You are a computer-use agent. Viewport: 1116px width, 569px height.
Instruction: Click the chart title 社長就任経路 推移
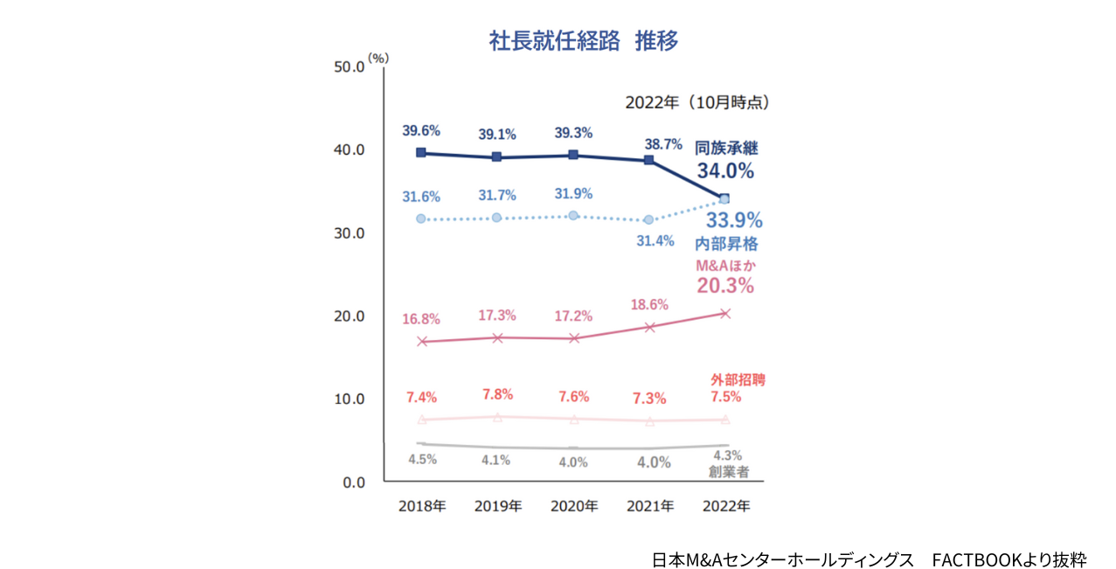click(x=583, y=41)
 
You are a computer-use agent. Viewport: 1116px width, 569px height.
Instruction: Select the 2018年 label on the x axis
click(x=421, y=506)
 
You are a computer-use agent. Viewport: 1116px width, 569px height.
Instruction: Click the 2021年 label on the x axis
click(x=649, y=506)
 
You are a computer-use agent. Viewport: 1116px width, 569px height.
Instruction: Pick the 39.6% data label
click(x=420, y=131)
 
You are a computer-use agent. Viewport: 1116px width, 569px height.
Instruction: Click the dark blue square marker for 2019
click(x=496, y=157)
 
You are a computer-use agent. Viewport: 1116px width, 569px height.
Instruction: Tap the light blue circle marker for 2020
click(x=573, y=215)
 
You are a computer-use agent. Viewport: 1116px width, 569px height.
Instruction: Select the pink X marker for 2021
click(x=649, y=327)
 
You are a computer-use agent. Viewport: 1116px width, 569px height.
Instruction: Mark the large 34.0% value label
click(x=725, y=170)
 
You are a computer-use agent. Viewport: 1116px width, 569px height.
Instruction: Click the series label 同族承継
click(x=726, y=148)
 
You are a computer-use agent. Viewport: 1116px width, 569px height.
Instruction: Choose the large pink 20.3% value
click(x=725, y=285)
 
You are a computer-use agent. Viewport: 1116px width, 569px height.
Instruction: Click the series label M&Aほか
click(x=724, y=265)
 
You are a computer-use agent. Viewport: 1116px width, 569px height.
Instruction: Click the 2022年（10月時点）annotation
click(x=697, y=102)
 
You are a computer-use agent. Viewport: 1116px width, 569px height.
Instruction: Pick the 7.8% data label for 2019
click(x=496, y=394)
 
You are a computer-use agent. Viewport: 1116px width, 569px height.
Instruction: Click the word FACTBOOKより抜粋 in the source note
click(x=1009, y=559)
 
